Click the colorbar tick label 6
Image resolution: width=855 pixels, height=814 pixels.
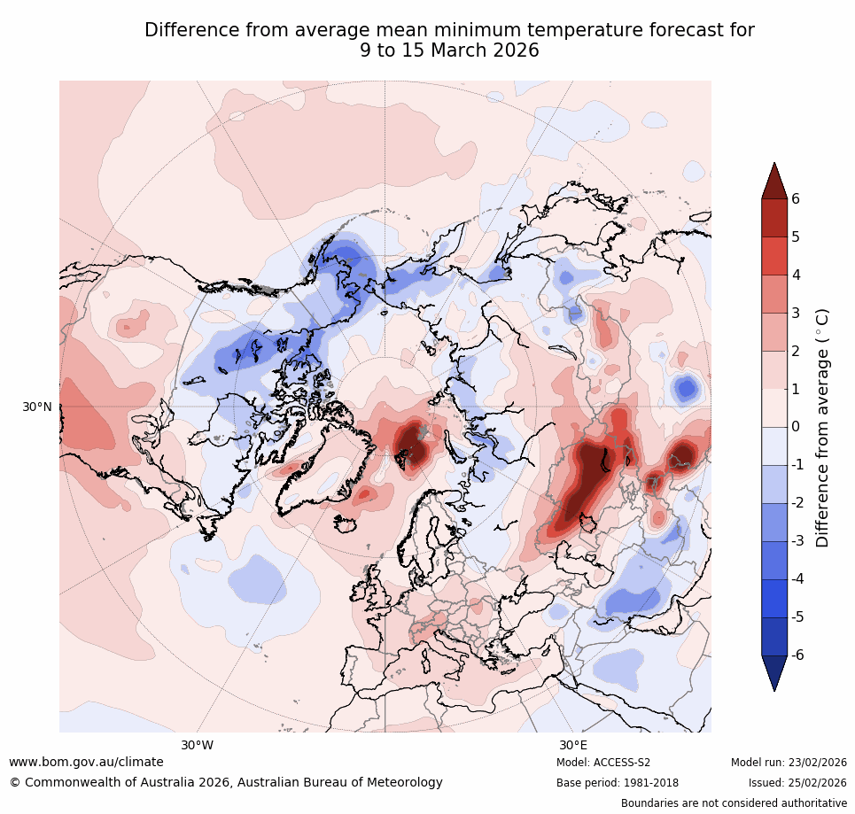(796, 199)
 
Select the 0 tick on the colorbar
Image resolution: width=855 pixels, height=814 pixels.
(796, 427)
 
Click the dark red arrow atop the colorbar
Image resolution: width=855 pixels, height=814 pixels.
(774, 182)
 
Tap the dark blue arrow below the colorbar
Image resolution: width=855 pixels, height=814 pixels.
(774, 672)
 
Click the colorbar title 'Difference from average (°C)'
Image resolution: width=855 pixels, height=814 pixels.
(823, 427)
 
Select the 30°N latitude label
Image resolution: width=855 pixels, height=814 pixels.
(36, 407)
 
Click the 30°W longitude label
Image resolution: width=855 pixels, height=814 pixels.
(197, 745)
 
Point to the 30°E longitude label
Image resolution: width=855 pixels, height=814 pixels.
(573, 745)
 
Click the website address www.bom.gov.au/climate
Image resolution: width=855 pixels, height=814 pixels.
(86, 762)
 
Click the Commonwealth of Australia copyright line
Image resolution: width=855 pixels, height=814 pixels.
(226, 783)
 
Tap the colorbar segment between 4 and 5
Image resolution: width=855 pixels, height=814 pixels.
(774, 256)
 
